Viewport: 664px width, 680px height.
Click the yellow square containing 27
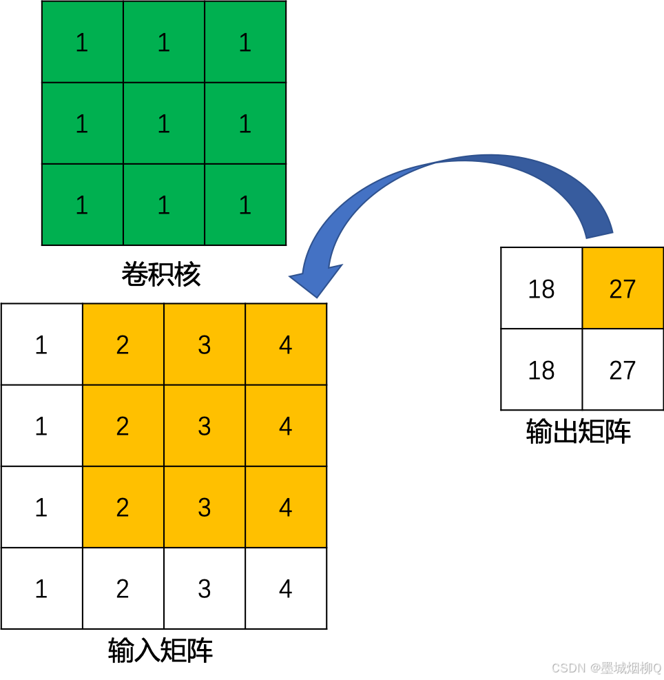tap(623, 288)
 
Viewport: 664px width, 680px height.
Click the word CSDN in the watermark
tap(568, 668)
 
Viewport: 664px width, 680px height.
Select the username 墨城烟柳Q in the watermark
tap(630, 668)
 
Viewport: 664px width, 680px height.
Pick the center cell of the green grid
tap(164, 123)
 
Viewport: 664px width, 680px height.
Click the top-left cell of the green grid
tap(83, 42)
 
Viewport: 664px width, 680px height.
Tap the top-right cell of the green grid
tap(245, 42)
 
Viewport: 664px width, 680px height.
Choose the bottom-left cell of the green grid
tap(83, 205)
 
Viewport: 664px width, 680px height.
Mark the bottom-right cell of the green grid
tap(245, 205)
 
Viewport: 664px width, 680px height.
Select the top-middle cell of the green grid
tap(164, 42)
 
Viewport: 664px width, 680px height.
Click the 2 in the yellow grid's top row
tap(123, 344)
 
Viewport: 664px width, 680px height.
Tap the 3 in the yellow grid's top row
tap(205, 344)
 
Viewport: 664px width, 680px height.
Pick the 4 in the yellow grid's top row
tap(286, 344)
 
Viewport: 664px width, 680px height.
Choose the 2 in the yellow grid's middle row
tap(123, 426)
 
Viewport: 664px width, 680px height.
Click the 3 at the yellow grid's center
tap(205, 426)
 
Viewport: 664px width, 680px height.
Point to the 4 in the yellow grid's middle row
tap(286, 426)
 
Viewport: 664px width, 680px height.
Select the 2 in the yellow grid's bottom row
tap(123, 507)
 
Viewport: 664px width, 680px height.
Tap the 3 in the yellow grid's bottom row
tap(205, 507)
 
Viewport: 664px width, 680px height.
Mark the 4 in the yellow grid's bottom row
tap(286, 507)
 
